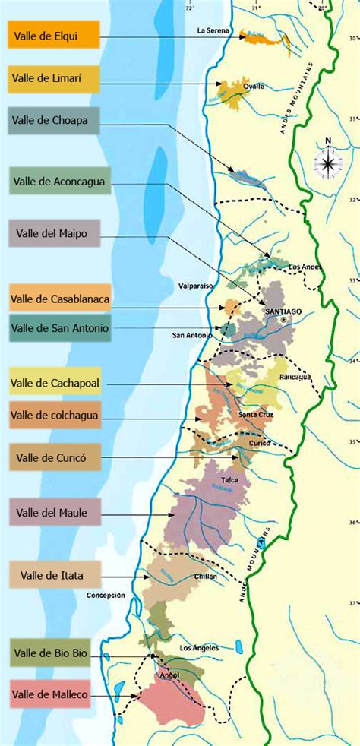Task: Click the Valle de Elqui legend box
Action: pos(53,34)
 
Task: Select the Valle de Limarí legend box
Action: pos(53,78)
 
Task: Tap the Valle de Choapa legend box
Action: pos(53,121)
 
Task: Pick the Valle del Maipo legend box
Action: pos(53,233)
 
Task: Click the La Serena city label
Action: pos(212,31)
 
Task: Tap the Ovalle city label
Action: pos(254,87)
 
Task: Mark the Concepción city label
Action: pos(106,596)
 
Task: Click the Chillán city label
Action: pos(204,576)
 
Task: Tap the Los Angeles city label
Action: pos(199,647)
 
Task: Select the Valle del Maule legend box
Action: pos(53,513)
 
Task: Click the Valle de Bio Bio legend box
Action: pos(51,653)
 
